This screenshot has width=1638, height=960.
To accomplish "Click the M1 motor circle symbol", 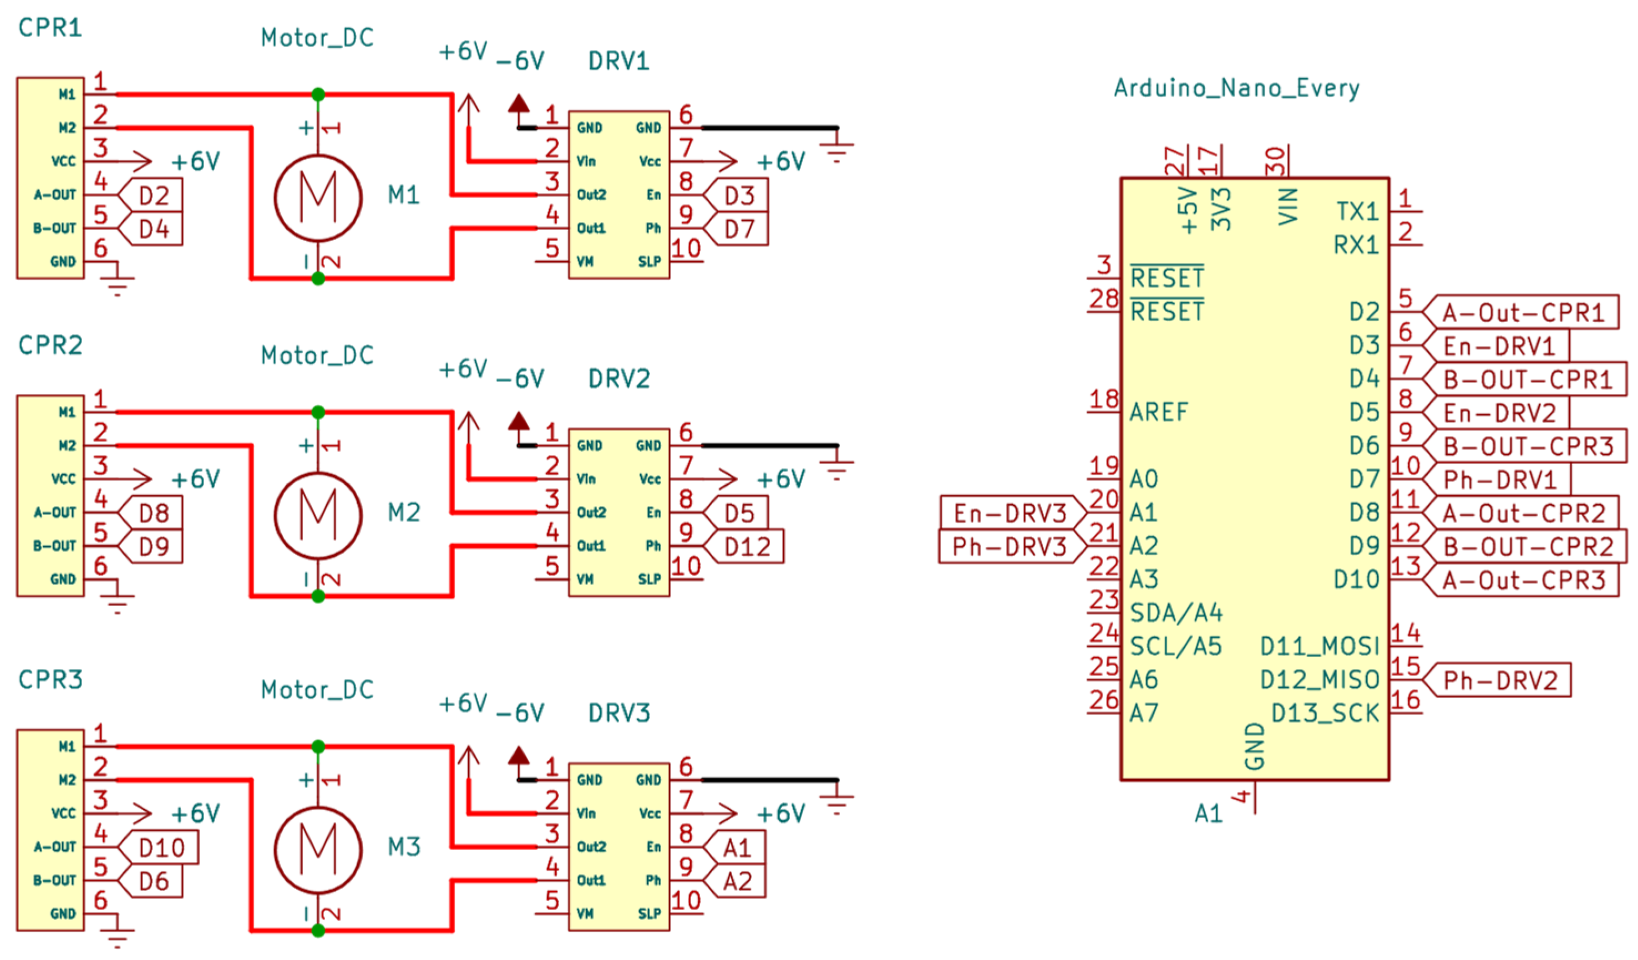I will pyautogui.click(x=317, y=198).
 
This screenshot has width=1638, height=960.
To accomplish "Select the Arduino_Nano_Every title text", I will pyautogui.click(x=1236, y=88).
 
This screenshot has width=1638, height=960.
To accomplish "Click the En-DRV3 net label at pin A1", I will pyautogui.click(x=1010, y=514).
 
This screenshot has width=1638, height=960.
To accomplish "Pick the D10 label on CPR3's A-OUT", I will pyautogui.click(x=162, y=847).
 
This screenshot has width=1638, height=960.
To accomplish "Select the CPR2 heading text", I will pyautogui.click(x=50, y=345).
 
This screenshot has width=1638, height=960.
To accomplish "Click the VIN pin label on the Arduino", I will pyautogui.click(x=1287, y=207).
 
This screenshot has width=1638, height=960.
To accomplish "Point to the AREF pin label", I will pyautogui.click(x=1158, y=412).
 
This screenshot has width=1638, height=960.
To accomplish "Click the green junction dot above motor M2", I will pyautogui.click(x=317, y=412).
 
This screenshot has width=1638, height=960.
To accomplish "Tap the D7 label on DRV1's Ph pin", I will pyautogui.click(x=739, y=229).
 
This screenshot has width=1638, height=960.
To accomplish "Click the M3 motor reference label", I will pyautogui.click(x=404, y=846).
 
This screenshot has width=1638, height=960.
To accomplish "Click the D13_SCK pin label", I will pyautogui.click(x=1325, y=714).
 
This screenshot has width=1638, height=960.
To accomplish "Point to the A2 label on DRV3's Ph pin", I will pyautogui.click(x=737, y=881).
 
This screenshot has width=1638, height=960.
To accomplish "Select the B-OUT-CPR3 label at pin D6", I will pyautogui.click(x=1528, y=446).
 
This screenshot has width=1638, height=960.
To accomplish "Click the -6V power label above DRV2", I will pyautogui.click(x=519, y=378).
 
